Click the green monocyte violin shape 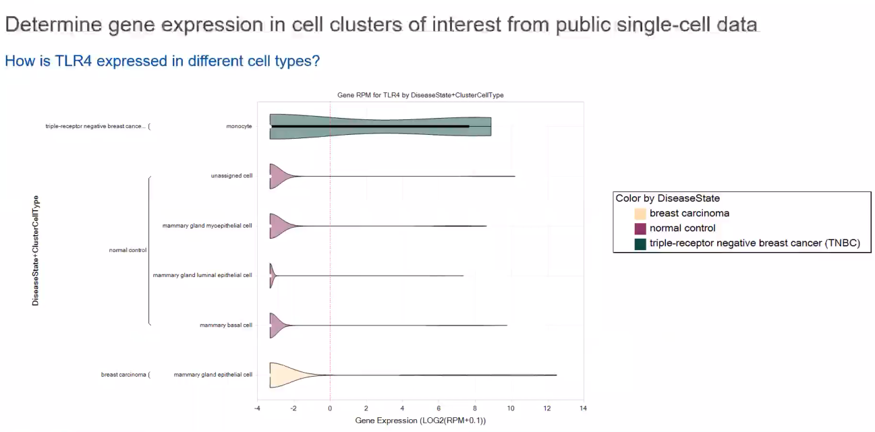point(378,126)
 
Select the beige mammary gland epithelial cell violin point(283,375)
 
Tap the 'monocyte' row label point(239,126)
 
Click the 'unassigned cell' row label point(231,176)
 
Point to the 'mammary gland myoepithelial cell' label point(207,226)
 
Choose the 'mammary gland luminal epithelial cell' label point(202,275)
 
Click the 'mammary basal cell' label point(225,325)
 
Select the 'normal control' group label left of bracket point(128,250)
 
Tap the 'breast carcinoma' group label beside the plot point(123,375)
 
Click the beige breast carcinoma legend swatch point(640,214)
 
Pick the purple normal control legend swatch point(640,228)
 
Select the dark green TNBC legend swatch point(640,243)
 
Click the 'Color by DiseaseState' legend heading point(667,198)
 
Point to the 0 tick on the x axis point(330,408)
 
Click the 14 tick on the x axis point(583,408)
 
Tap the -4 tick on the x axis point(257,408)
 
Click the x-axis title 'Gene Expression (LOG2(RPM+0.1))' point(420,421)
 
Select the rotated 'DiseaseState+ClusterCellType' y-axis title point(36,251)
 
